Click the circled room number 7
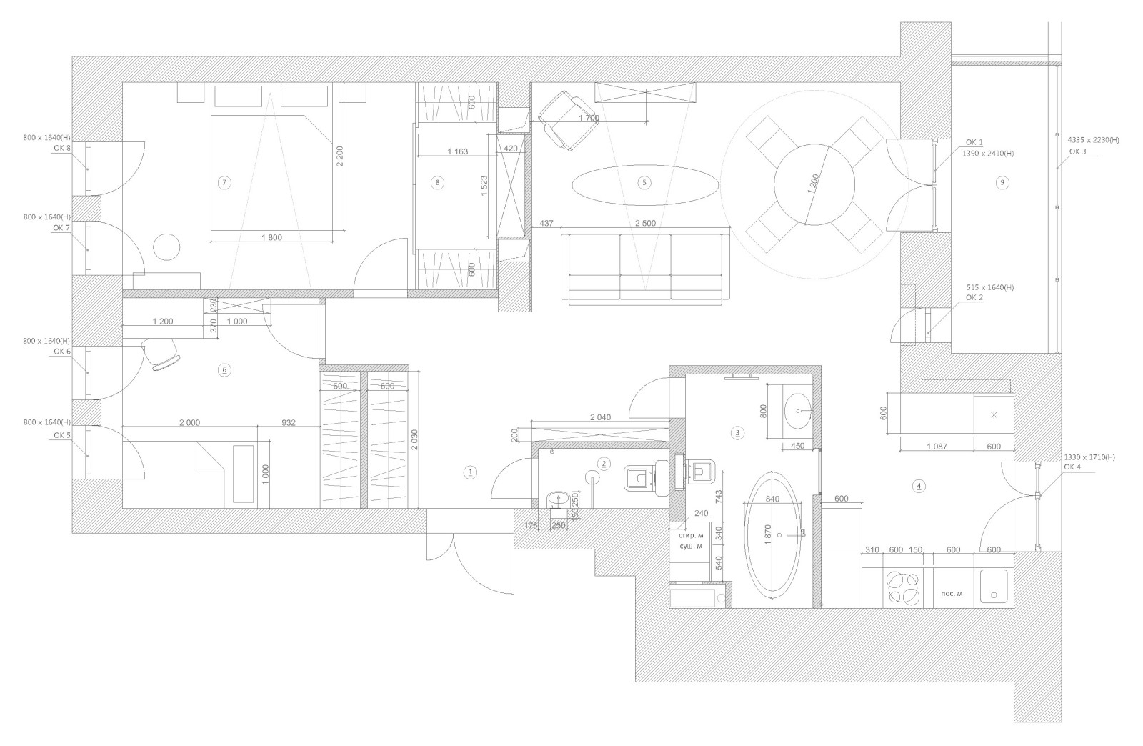[x=224, y=183]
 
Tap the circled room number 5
[x=644, y=183]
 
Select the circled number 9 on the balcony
[x=1002, y=183]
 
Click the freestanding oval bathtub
[x=772, y=534]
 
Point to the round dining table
[x=814, y=185]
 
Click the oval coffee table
[x=644, y=185]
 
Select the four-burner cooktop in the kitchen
[x=903, y=588]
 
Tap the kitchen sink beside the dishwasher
[x=994, y=586]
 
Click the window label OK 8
[x=61, y=148]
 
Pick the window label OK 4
[x=1072, y=467]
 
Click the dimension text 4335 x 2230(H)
[x=1094, y=140]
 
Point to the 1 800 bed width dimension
[x=271, y=237]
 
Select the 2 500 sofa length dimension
[x=645, y=223]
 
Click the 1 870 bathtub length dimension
[x=769, y=535]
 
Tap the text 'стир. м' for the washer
[x=690, y=536]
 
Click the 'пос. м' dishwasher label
[x=952, y=593]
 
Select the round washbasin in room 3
[x=797, y=412]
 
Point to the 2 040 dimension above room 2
[x=600, y=417]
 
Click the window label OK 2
[x=974, y=297]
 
